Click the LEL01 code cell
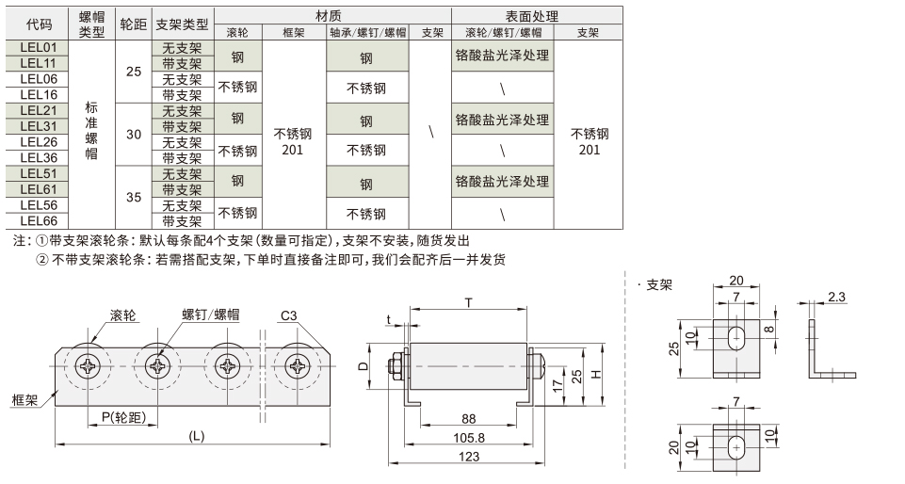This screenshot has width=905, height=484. [x=39, y=47]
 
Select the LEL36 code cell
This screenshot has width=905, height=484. [x=39, y=158]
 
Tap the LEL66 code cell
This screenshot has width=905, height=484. [x=39, y=221]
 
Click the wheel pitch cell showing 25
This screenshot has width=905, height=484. [x=134, y=72]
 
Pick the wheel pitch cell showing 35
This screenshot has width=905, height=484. [x=134, y=198]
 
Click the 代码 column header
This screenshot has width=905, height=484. [x=39, y=24]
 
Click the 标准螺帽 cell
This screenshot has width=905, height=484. [x=91, y=135]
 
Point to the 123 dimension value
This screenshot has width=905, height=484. [x=472, y=457]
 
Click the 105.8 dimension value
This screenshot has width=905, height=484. [x=470, y=438]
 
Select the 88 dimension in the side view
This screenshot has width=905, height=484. [x=469, y=419]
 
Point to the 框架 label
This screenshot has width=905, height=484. [x=25, y=399]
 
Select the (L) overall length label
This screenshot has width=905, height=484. [x=196, y=436]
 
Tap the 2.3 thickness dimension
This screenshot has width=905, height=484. [x=837, y=298]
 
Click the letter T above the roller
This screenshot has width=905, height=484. [x=468, y=301]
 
